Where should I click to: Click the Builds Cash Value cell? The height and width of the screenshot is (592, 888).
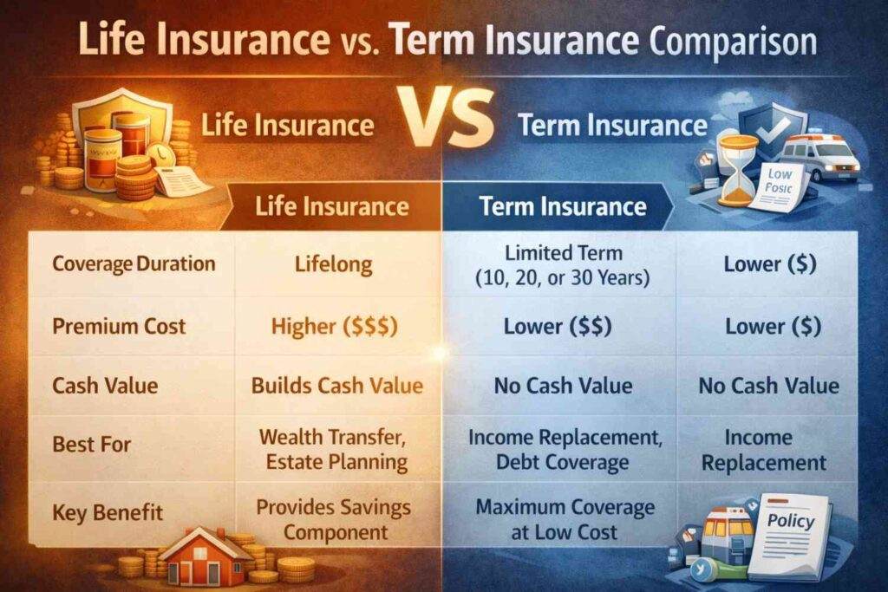pyautogui.click(x=337, y=385)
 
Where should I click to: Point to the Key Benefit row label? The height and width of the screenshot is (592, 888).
pyautogui.click(x=107, y=511)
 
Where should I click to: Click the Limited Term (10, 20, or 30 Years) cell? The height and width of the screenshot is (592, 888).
pyautogui.click(x=563, y=264)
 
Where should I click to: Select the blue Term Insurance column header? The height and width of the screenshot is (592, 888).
pyautogui.click(x=564, y=206)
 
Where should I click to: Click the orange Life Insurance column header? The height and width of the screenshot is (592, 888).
pyautogui.click(x=332, y=206)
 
